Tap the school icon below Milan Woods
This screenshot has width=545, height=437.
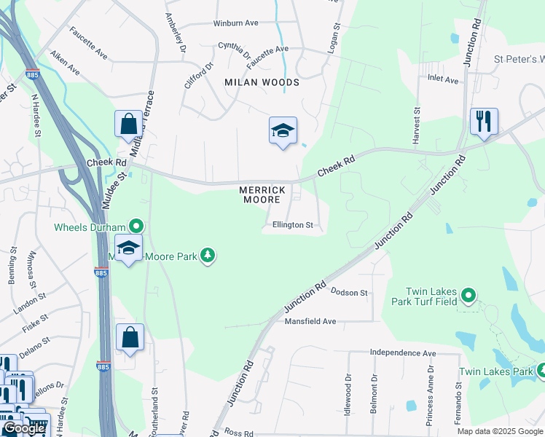tap(283, 131)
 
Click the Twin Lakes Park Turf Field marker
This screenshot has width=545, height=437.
tap(468, 296)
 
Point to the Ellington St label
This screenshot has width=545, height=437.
tap(292, 225)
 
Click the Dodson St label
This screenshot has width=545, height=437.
tap(349, 292)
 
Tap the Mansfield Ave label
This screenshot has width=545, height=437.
tap(310, 321)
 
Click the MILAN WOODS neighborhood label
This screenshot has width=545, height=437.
tap(262, 82)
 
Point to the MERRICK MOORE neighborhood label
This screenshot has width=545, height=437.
tap(260, 194)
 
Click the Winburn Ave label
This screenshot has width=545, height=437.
tap(235, 23)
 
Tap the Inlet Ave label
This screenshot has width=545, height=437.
tap(444, 79)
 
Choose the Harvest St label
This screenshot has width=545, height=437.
tap(417, 125)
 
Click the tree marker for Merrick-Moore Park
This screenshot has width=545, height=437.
tap(208, 255)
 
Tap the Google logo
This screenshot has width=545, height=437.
tap(24, 429)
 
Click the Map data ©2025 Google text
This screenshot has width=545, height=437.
tap(499, 431)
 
